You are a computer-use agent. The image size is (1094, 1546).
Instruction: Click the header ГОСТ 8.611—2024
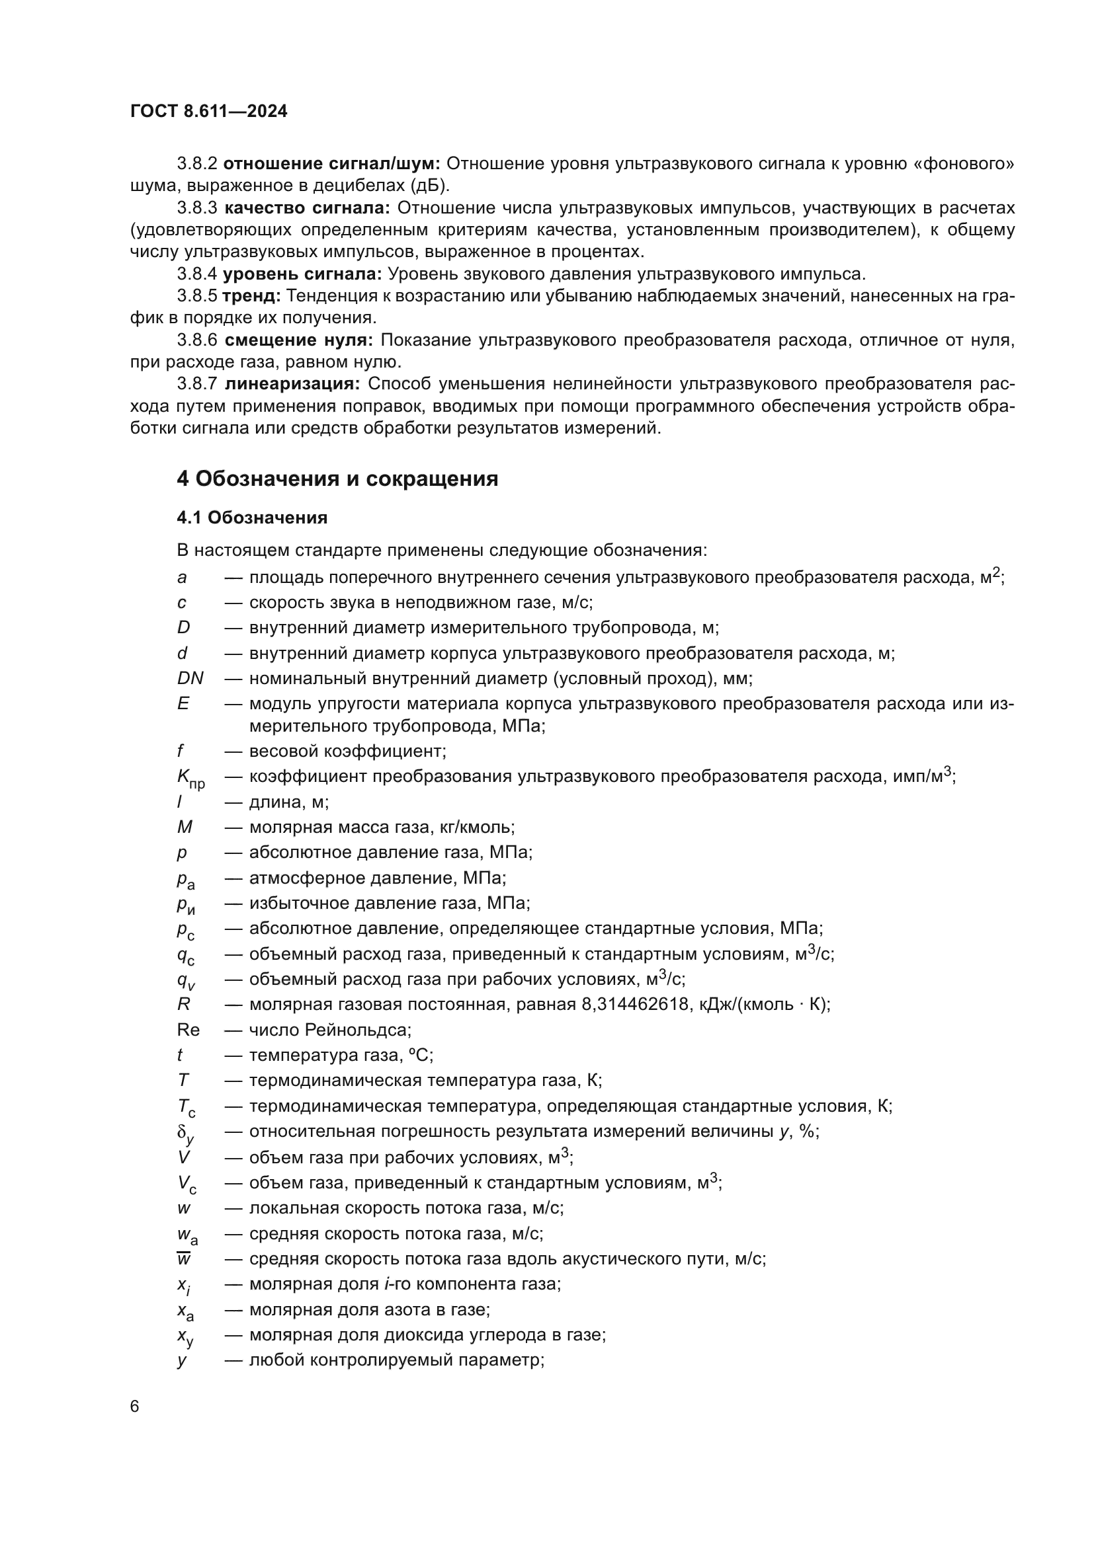tap(209, 112)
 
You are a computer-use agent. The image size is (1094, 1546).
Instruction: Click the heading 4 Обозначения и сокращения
tap(337, 479)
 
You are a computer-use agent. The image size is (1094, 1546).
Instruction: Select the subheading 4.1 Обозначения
tap(252, 518)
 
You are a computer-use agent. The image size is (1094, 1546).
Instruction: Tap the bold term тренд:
tap(251, 295)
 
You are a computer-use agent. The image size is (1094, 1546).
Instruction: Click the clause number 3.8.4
tap(196, 274)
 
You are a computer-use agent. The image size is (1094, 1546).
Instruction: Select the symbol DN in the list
tap(190, 678)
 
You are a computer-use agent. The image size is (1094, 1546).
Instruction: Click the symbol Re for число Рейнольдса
tap(188, 1030)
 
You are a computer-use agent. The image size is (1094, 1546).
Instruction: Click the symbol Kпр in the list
tap(190, 778)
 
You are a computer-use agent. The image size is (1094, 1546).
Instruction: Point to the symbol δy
tap(185, 1134)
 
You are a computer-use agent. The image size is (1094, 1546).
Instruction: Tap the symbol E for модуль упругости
tap(183, 704)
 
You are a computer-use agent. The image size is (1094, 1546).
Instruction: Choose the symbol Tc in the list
tap(186, 1108)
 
